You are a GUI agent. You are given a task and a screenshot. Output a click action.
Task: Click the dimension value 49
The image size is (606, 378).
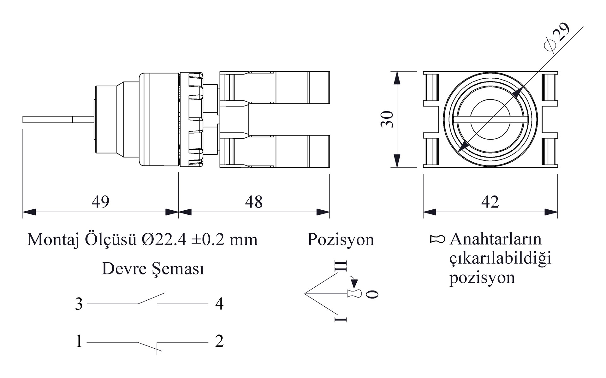point(100,201)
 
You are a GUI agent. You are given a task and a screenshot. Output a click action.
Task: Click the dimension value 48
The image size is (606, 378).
point(254,201)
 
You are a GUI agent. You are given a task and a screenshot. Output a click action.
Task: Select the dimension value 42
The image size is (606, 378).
point(490,201)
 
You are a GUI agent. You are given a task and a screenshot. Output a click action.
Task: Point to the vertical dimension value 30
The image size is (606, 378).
point(387,119)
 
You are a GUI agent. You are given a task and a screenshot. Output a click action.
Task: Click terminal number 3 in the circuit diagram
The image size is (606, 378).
point(79,304)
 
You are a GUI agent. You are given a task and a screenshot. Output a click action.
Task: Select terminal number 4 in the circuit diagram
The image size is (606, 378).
point(219,304)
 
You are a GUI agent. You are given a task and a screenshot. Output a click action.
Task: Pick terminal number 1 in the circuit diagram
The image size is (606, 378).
point(79,341)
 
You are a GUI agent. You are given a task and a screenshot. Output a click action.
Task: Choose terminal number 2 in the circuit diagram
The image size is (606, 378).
point(219,341)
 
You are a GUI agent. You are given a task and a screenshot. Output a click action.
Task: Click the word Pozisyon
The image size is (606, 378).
point(341,239)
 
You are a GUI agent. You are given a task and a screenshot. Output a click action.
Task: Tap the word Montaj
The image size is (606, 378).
point(53,240)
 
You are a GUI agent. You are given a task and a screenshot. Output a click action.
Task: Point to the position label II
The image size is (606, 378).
point(341,266)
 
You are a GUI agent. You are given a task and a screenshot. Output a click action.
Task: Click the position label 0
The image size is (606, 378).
point(372,294)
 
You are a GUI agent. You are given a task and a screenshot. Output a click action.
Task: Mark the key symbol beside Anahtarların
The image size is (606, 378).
point(437,239)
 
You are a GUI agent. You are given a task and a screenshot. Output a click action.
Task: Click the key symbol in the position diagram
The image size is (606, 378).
point(354,294)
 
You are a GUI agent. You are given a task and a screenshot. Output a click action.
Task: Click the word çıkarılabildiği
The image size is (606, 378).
point(500,258)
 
